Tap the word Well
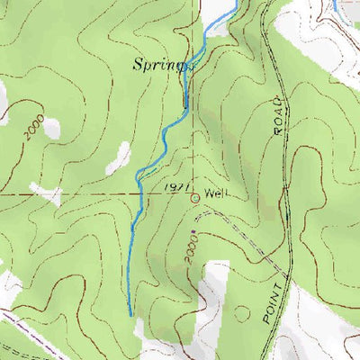click(216, 192)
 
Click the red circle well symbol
click(194, 197)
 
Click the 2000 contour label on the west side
click(34, 131)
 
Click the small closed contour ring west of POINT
click(242, 313)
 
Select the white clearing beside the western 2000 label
click(52, 128)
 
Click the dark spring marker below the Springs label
click(185, 102)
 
